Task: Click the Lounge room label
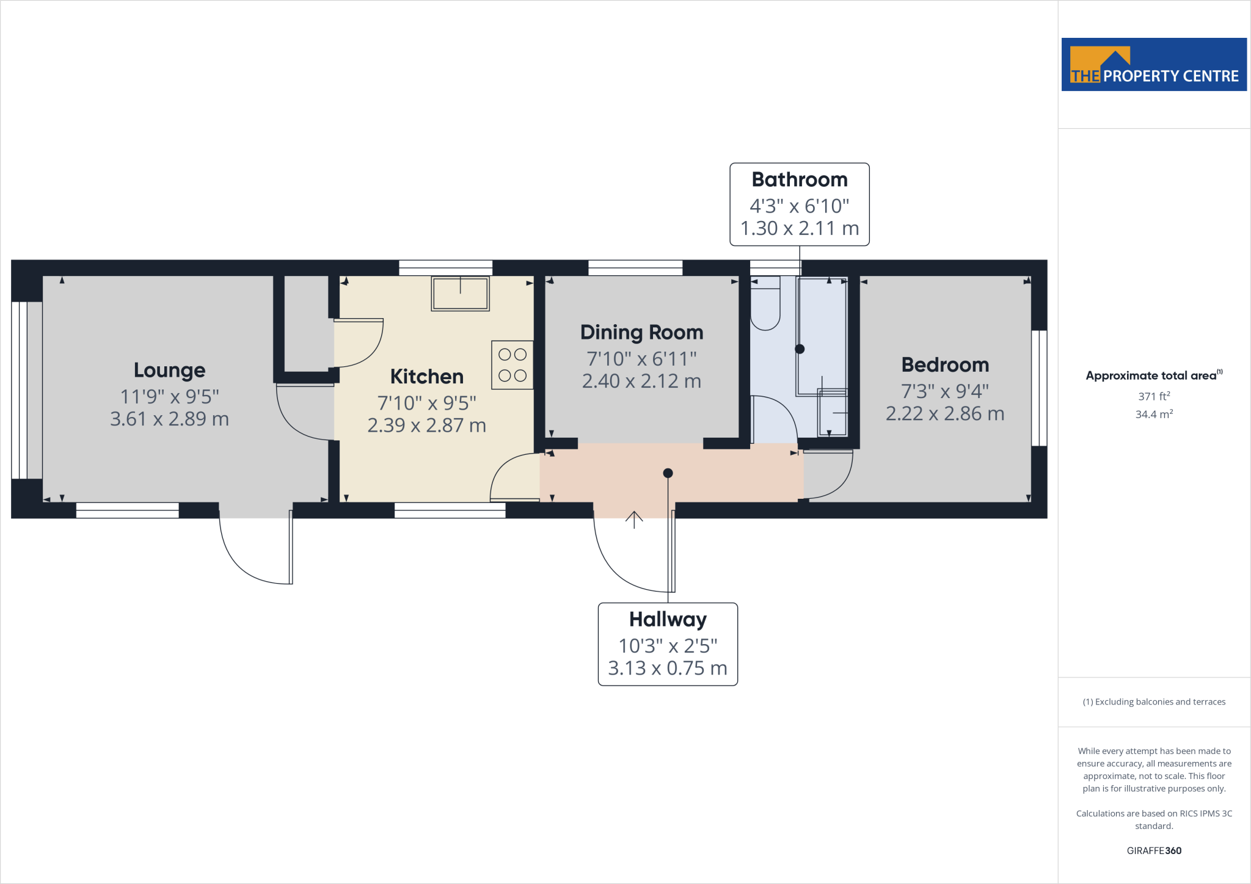pyautogui.click(x=169, y=370)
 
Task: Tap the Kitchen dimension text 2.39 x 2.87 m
pyautogui.click(x=426, y=425)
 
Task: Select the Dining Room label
pyautogui.click(x=641, y=332)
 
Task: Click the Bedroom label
pyautogui.click(x=945, y=364)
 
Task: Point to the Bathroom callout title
pyautogui.click(x=799, y=179)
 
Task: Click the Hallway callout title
pyautogui.click(x=668, y=619)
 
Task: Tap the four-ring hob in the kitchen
pyautogui.click(x=512, y=365)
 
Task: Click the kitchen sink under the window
pyautogui.click(x=460, y=294)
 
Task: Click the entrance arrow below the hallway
pyautogui.click(x=634, y=520)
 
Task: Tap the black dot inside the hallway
pyautogui.click(x=668, y=473)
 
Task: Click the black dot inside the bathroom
pyautogui.click(x=799, y=349)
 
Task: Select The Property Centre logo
pyautogui.click(x=1153, y=65)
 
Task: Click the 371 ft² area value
pyautogui.click(x=1153, y=396)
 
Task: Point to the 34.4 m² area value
pyautogui.click(x=1153, y=415)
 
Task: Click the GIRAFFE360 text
pyautogui.click(x=1153, y=850)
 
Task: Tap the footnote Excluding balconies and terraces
pyautogui.click(x=1153, y=702)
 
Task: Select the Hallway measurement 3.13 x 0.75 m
pyautogui.click(x=668, y=668)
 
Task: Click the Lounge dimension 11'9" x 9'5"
pyautogui.click(x=169, y=397)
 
